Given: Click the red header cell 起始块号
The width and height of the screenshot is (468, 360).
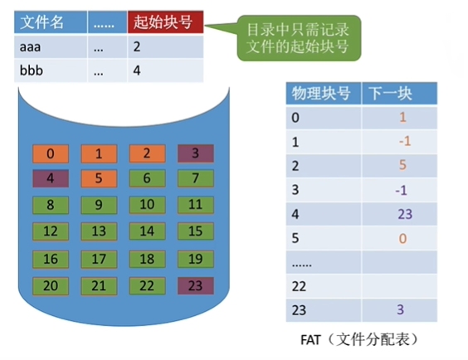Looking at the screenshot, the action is [x=166, y=22].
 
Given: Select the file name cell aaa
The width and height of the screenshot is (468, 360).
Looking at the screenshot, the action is [x=51, y=46].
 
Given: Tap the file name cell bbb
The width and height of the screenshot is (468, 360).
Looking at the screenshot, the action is [x=51, y=71].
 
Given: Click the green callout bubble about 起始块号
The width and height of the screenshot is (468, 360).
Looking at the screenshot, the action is [x=299, y=38].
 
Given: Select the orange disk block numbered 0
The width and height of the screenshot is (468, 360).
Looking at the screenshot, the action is [x=51, y=154].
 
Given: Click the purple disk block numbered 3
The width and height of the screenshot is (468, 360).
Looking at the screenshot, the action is [x=196, y=153].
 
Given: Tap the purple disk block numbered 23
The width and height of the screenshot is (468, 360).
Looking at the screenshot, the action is [x=196, y=286].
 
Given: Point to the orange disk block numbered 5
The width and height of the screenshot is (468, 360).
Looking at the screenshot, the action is [x=99, y=178].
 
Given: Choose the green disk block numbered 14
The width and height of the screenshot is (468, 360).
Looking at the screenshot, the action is [x=148, y=231].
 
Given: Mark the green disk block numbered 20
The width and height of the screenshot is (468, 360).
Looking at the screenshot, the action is [x=51, y=286].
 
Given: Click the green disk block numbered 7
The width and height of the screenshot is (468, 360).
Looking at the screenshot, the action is [x=196, y=178].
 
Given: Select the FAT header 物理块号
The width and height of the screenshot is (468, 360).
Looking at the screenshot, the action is [x=324, y=94].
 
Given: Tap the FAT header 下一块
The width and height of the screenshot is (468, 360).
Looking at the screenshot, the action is [x=400, y=94].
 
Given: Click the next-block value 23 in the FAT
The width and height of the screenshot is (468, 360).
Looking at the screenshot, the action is [x=405, y=214].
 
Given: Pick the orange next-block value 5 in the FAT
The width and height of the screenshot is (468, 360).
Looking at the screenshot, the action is [x=402, y=165].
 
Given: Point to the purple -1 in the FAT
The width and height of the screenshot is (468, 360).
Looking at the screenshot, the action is [x=401, y=190].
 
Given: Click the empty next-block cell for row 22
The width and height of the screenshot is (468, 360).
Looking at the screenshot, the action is [x=400, y=286].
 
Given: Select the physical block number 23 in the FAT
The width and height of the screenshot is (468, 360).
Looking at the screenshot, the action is [x=299, y=310].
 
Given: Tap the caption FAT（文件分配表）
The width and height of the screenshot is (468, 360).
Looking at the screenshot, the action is [x=359, y=339].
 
